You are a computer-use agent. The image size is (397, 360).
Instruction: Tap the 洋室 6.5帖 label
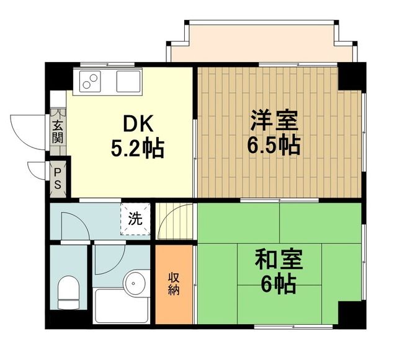[275, 131]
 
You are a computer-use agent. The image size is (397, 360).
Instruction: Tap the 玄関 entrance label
[58, 131]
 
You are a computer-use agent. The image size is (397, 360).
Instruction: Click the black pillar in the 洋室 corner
[350, 76]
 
